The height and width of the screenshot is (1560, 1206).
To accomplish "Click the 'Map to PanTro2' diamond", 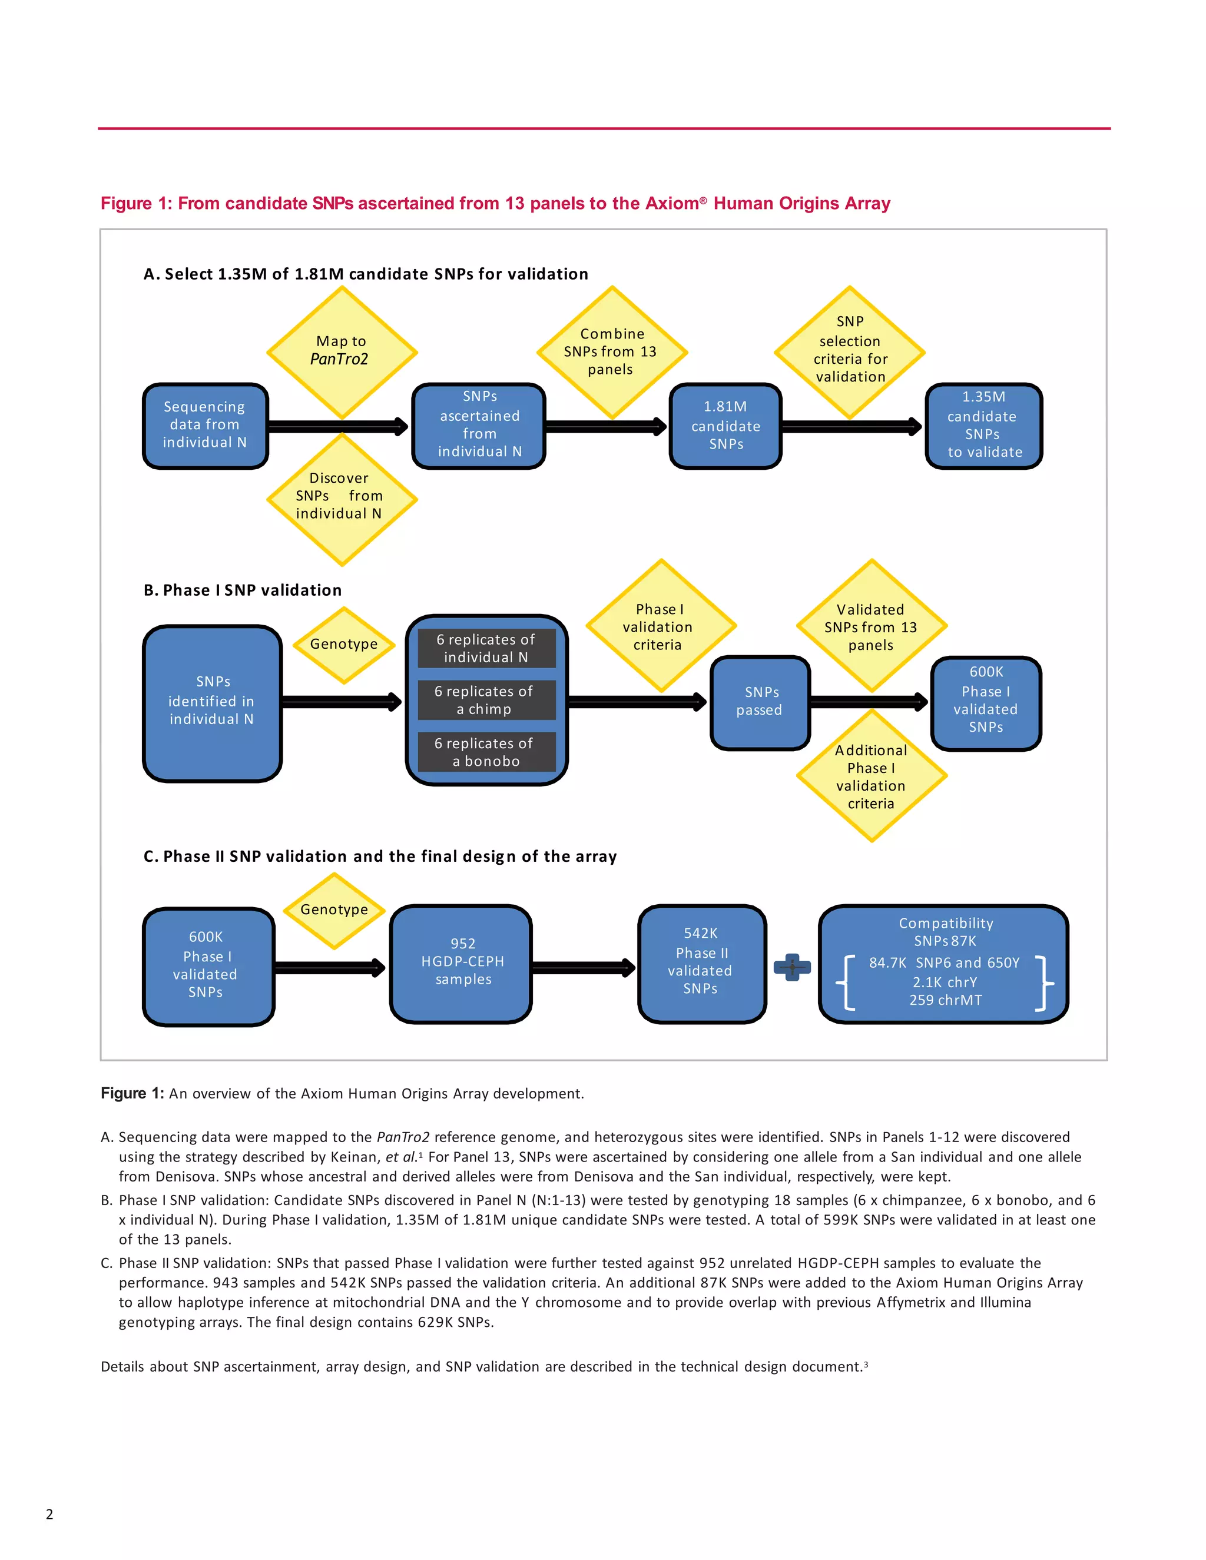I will click(342, 351).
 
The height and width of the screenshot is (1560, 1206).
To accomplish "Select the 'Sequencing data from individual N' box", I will click(205, 425).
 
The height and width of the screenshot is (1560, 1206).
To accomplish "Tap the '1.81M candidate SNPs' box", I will click(725, 425).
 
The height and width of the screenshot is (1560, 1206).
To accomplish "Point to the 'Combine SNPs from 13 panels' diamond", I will click(612, 351).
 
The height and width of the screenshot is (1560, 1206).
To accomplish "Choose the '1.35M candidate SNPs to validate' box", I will click(984, 425).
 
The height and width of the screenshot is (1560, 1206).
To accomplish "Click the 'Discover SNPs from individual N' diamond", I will click(342, 498).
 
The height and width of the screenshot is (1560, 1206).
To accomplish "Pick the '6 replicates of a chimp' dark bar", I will click(486, 700).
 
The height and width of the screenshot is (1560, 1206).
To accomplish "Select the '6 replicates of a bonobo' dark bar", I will click(486, 752).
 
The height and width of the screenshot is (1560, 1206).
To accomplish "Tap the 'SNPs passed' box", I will click(760, 702).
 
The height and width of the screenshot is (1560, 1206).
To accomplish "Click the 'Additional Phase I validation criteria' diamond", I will click(871, 776).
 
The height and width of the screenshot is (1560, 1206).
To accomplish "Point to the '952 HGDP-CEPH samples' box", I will click(462, 963).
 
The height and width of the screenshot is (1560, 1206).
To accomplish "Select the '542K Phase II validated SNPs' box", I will click(701, 963).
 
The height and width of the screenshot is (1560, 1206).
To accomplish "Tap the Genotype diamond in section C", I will click(334, 910).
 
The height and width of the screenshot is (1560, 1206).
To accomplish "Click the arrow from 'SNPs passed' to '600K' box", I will click(869, 702).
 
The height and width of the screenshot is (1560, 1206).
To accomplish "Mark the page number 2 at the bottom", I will click(49, 1513).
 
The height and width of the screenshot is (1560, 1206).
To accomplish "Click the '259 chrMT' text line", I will click(945, 1001).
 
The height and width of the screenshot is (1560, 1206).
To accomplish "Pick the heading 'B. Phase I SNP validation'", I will click(242, 590).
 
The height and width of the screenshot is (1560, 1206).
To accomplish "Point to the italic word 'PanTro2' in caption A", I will click(403, 1137).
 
